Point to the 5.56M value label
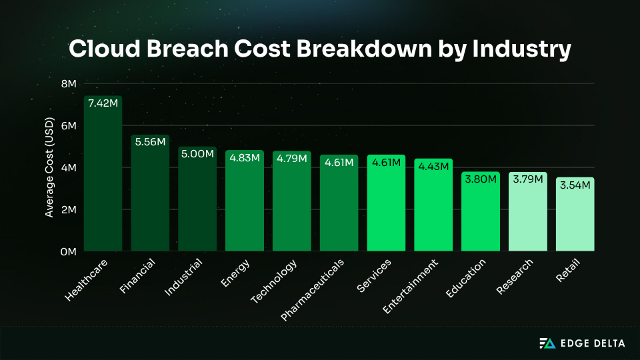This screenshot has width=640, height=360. point(150,142)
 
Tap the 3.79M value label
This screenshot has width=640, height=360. point(528,179)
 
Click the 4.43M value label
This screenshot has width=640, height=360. point(433,166)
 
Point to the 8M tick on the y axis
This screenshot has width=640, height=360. point(69,84)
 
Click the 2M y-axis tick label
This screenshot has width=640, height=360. point(69,210)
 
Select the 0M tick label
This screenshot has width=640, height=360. point(69,252)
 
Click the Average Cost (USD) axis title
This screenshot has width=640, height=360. point(49,167)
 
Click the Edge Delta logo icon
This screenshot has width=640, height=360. point(547,343)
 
